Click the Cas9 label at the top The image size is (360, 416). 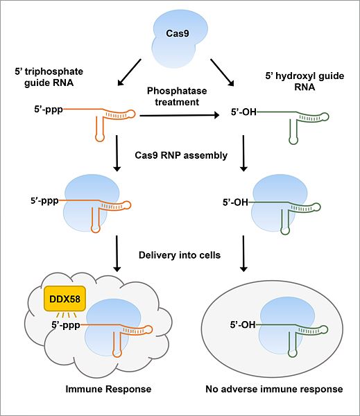click(x=178, y=33)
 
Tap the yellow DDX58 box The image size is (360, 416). click(x=65, y=299)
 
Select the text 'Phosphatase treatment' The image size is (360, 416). click(x=177, y=96)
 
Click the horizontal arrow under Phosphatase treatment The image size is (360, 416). click(x=179, y=115)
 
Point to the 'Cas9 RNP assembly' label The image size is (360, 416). click(x=181, y=155)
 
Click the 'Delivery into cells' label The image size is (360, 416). click(x=180, y=255)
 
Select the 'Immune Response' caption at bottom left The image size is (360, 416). click(x=108, y=389)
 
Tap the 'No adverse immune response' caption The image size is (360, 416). click(x=274, y=389)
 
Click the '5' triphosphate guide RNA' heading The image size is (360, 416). click(x=49, y=77)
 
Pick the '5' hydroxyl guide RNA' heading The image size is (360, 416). click(x=305, y=81)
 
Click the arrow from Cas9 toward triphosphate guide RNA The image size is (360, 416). click(x=129, y=72)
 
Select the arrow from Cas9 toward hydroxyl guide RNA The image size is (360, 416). click(x=222, y=73)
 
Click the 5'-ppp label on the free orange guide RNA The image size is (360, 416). click(x=49, y=109)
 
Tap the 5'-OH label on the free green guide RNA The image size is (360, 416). click(x=243, y=112)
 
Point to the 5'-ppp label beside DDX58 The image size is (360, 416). click(x=66, y=324)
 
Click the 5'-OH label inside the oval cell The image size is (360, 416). click(x=243, y=324)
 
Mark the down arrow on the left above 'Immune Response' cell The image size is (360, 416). click(x=117, y=254)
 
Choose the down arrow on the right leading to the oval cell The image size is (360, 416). click(x=243, y=254)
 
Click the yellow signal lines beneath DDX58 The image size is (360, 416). click(x=67, y=315)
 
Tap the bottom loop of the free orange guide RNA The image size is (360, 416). click(x=100, y=138)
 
